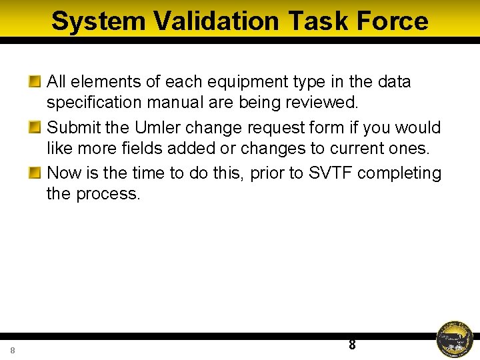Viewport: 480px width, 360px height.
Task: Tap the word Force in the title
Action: [x=392, y=21]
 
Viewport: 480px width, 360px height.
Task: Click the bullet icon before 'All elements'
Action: [x=35, y=82]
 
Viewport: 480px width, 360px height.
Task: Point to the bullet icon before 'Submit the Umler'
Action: [x=35, y=127]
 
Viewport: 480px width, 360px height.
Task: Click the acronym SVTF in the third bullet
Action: [x=331, y=173]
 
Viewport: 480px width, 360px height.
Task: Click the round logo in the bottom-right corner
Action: [x=455, y=339]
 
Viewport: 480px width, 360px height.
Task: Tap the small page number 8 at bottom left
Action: [x=13, y=351]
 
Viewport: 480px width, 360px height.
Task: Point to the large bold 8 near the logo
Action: [x=352, y=345]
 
